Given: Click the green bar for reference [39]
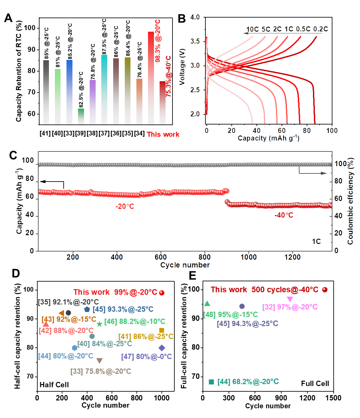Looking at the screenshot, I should (x=81, y=116).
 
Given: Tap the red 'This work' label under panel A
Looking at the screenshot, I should (x=163, y=134).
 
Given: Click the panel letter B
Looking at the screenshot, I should (x=182, y=19).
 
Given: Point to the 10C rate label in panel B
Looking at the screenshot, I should (x=252, y=29).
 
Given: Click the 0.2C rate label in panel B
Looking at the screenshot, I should (x=320, y=29).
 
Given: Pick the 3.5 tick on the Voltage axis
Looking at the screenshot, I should (x=195, y=41).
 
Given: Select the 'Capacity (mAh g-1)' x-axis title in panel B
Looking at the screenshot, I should (x=268, y=138).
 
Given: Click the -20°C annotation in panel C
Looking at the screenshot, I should (x=125, y=206).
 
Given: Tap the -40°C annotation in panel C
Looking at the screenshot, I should (x=284, y=215).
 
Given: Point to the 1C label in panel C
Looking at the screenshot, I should (x=316, y=241).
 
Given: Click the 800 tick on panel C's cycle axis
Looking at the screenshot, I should (x=205, y=257).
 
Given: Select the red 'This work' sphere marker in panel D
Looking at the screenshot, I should (x=162, y=293).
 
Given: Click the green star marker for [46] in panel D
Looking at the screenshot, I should (x=99, y=324).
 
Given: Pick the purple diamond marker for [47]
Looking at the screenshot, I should (x=162, y=348).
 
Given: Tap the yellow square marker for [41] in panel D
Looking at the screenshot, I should (x=162, y=330).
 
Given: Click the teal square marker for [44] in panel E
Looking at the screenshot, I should (x=211, y=382).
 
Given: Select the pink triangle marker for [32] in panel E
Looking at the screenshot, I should (x=290, y=299).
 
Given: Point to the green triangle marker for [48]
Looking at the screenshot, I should (x=207, y=304).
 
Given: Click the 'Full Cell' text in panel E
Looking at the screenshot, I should (x=315, y=384).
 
